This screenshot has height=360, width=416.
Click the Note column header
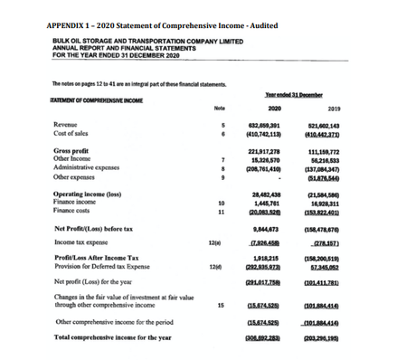(218, 108)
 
